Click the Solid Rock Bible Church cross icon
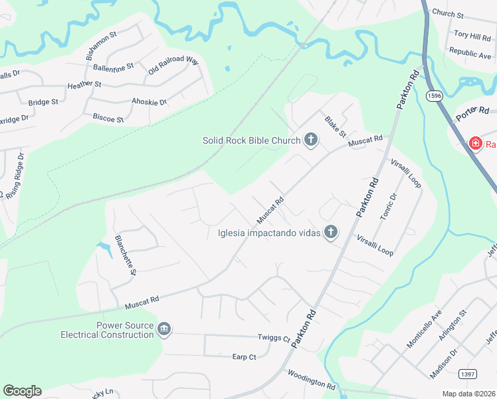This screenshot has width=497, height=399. point(310,140)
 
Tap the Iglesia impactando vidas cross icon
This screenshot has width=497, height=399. point(331,232)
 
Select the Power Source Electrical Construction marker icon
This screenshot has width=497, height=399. point(164,329)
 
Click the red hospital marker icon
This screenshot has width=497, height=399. point(476,143)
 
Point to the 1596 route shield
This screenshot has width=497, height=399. point(435,96)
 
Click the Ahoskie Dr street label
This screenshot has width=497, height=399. point(149,102)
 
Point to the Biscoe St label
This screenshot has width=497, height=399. point(108,119)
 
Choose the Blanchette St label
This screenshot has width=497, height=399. point(124,255)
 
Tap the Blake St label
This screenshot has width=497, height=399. point(335,126)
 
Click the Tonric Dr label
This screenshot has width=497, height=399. point(387,206)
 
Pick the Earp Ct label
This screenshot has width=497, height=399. point(244,357)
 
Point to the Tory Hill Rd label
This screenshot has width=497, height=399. point(471,35)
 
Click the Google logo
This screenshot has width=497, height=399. point(22,391)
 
